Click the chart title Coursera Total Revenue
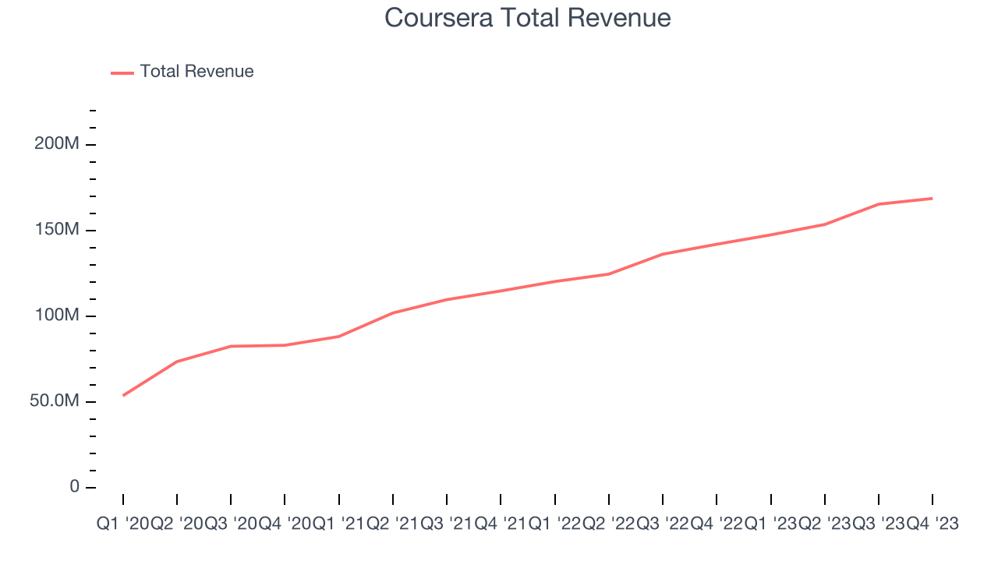pos(528,18)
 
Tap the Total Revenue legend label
pos(196,72)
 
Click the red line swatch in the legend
pos(122,72)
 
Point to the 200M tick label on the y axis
pos(56,145)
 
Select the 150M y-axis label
pos(56,231)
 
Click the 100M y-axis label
pos(56,316)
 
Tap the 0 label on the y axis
pos(75,487)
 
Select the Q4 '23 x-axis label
pos(933,524)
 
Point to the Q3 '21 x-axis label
pos(447,524)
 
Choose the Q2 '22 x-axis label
pos(609,524)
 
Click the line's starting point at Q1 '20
pos(123,396)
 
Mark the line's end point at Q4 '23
pos(933,199)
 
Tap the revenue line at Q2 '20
pos(177,362)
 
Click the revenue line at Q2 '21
pos(393,313)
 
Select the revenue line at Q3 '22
pos(663,254)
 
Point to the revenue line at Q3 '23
pos(879,204)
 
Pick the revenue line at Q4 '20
pos(285,345)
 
